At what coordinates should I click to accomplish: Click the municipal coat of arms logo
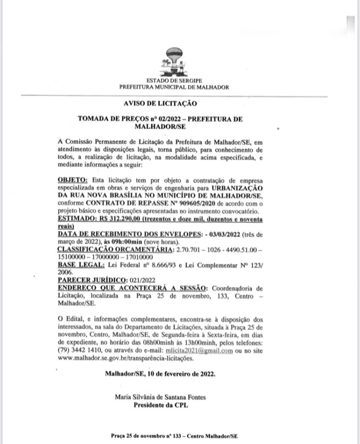(x=174, y=62)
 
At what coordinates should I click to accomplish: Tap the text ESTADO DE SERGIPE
(x=174, y=81)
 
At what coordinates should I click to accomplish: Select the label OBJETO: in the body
(x=73, y=181)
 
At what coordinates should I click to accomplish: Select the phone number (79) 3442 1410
(x=81, y=351)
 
